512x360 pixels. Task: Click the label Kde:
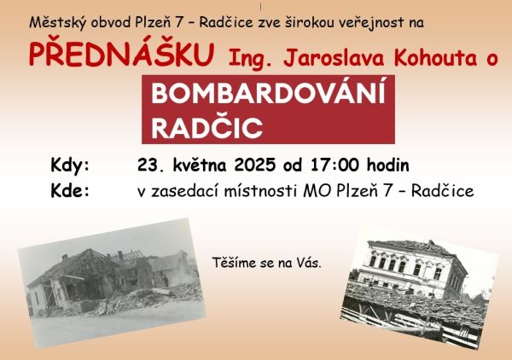click(x=70, y=190)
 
